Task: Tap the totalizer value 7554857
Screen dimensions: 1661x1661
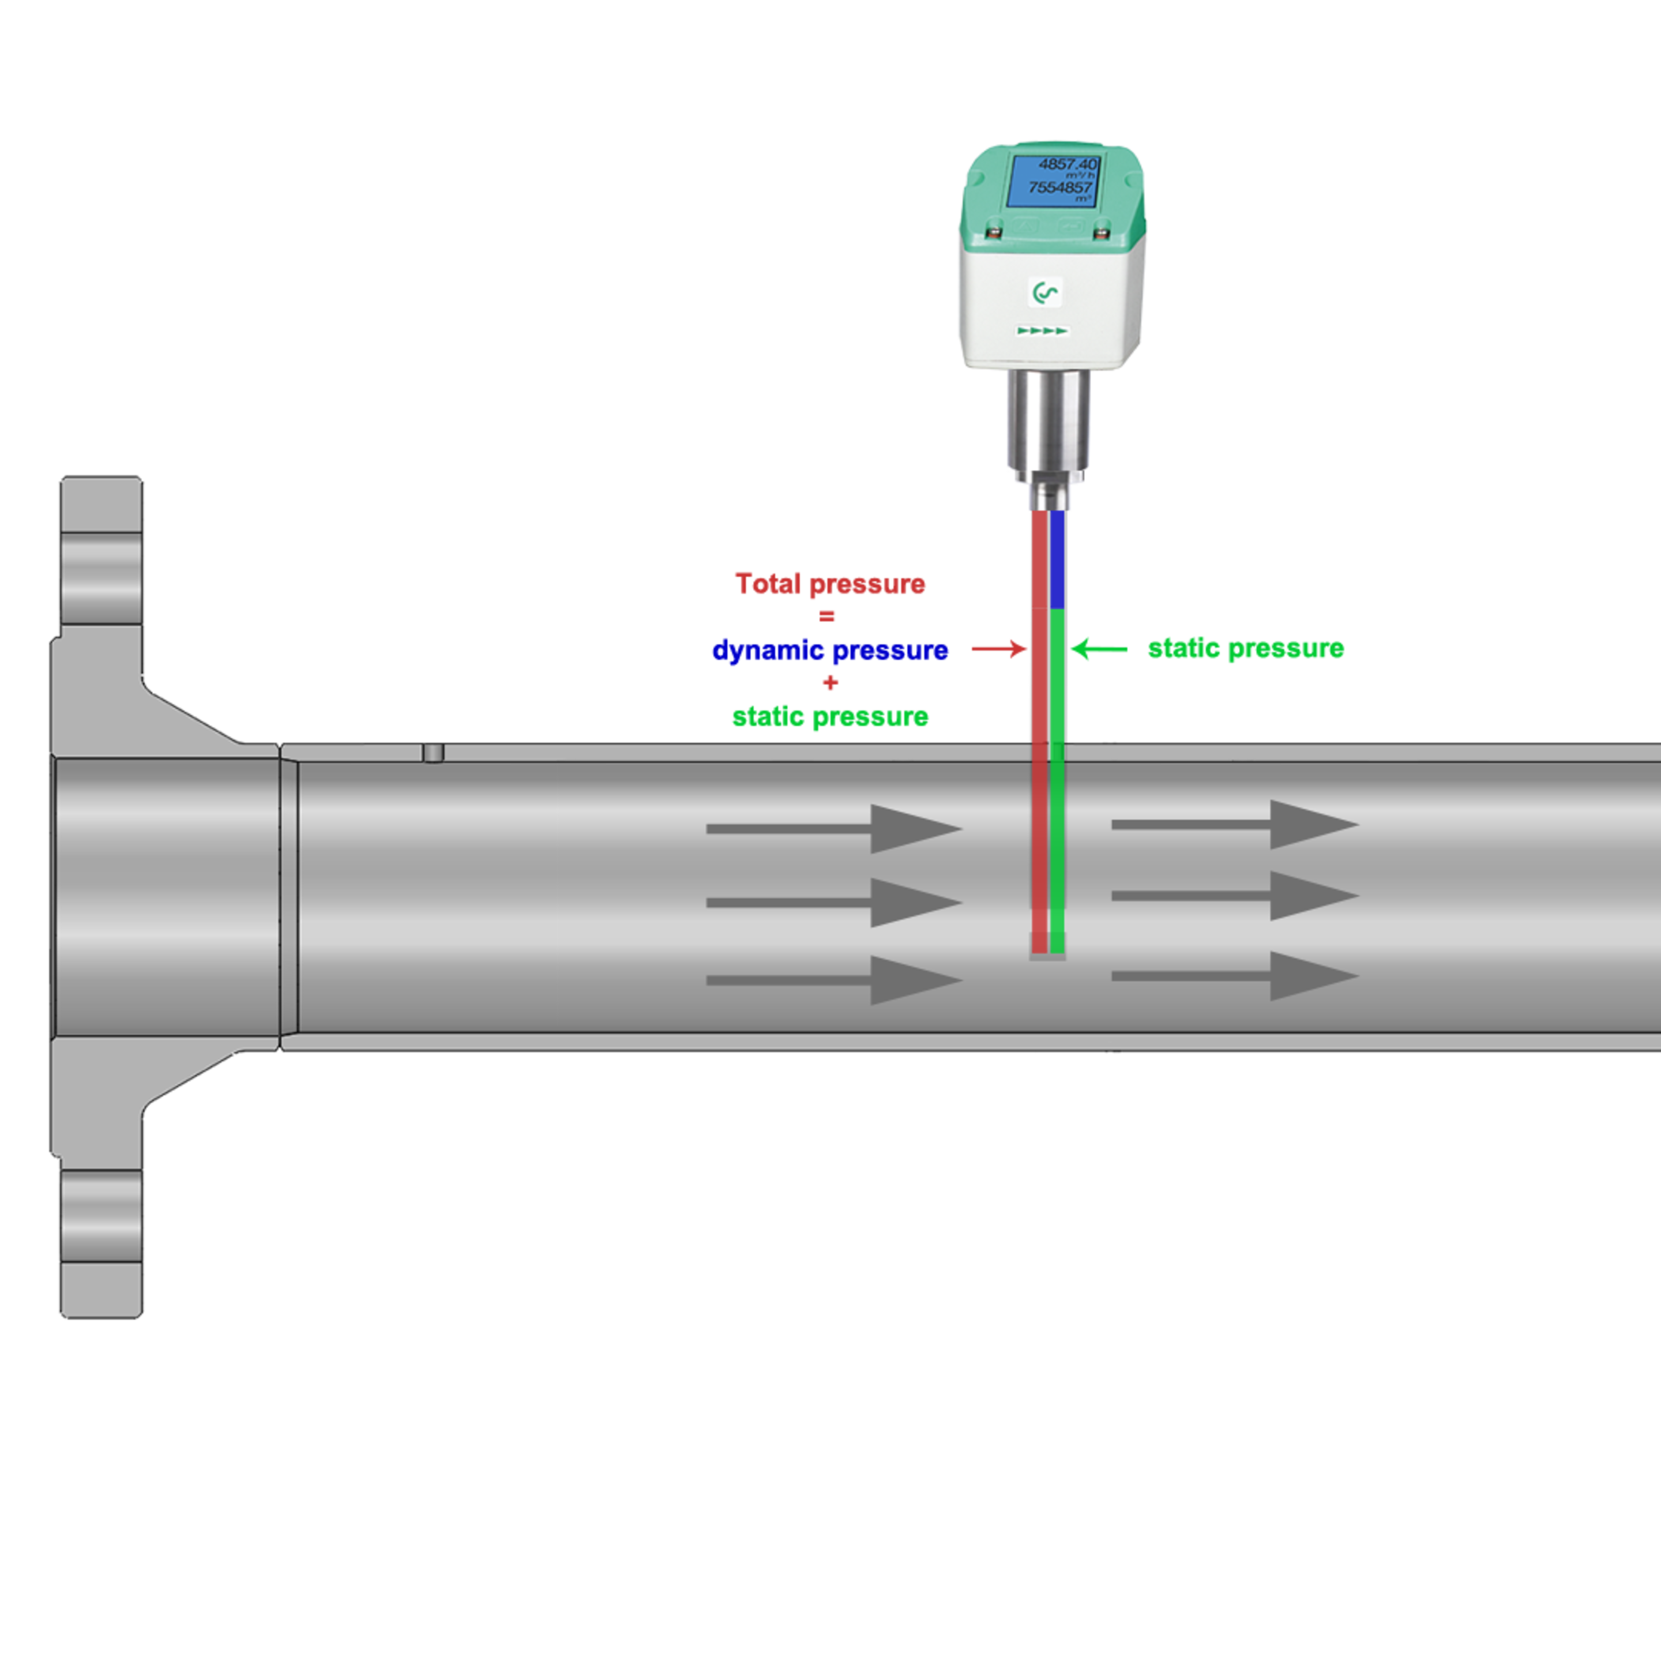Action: [1061, 187]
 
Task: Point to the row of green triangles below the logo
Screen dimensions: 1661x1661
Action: [1043, 330]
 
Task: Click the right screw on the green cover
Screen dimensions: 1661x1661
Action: [1100, 232]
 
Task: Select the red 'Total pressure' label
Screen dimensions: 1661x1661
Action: [830, 584]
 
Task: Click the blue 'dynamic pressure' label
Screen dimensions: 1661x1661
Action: [830, 651]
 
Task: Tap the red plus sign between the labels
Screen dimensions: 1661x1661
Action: [830, 683]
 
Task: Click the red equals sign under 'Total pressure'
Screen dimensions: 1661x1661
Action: [827, 615]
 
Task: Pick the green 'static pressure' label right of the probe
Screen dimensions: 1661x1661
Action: [1246, 648]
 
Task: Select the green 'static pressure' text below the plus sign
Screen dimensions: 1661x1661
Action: [830, 716]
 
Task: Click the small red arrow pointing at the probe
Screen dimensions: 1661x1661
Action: [999, 648]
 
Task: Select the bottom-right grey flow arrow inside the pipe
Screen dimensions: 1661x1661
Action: [1235, 976]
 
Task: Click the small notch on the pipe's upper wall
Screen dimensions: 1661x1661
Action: [433, 753]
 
